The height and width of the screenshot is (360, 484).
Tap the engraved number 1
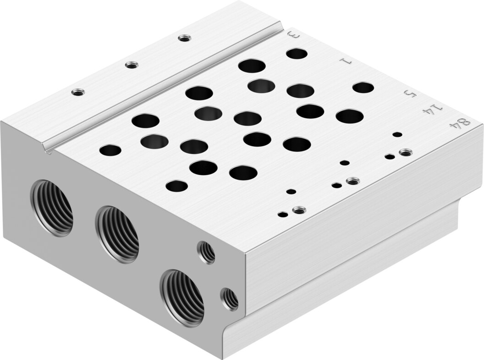click(x=346, y=61)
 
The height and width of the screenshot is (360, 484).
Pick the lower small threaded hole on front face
click(x=229, y=299)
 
